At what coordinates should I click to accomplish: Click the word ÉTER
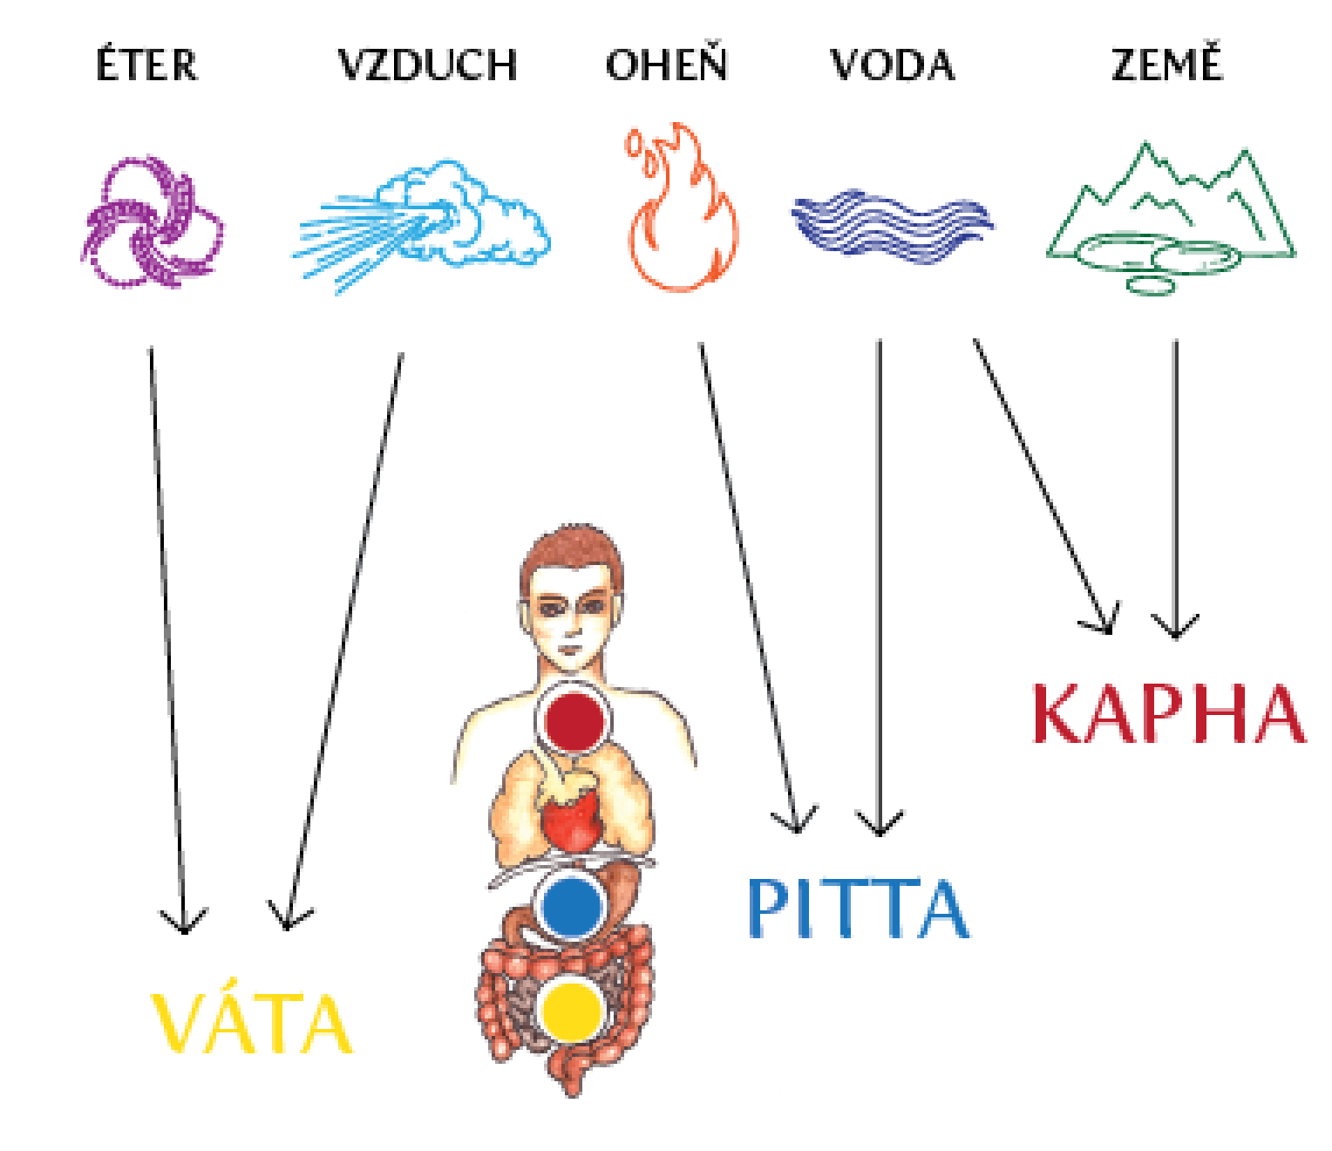[146, 65]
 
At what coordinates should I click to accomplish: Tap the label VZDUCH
[427, 65]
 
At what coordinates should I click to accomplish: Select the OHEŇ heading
[667, 65]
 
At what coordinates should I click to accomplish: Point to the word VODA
[892, 65]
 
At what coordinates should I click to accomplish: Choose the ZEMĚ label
[1166, 65]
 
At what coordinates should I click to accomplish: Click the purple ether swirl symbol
[150, 222]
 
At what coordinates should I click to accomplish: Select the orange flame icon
[680, 209]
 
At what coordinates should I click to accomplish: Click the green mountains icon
[1171, 218]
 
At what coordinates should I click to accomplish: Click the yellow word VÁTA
[251, 1025]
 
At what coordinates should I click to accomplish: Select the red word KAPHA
[1168, 715]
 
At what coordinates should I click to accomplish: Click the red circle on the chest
[572, 719]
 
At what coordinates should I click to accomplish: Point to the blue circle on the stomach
[571, 907]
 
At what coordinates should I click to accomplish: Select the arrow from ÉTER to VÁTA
[167, 637]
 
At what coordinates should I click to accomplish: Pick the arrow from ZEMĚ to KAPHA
[1175, 488]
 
